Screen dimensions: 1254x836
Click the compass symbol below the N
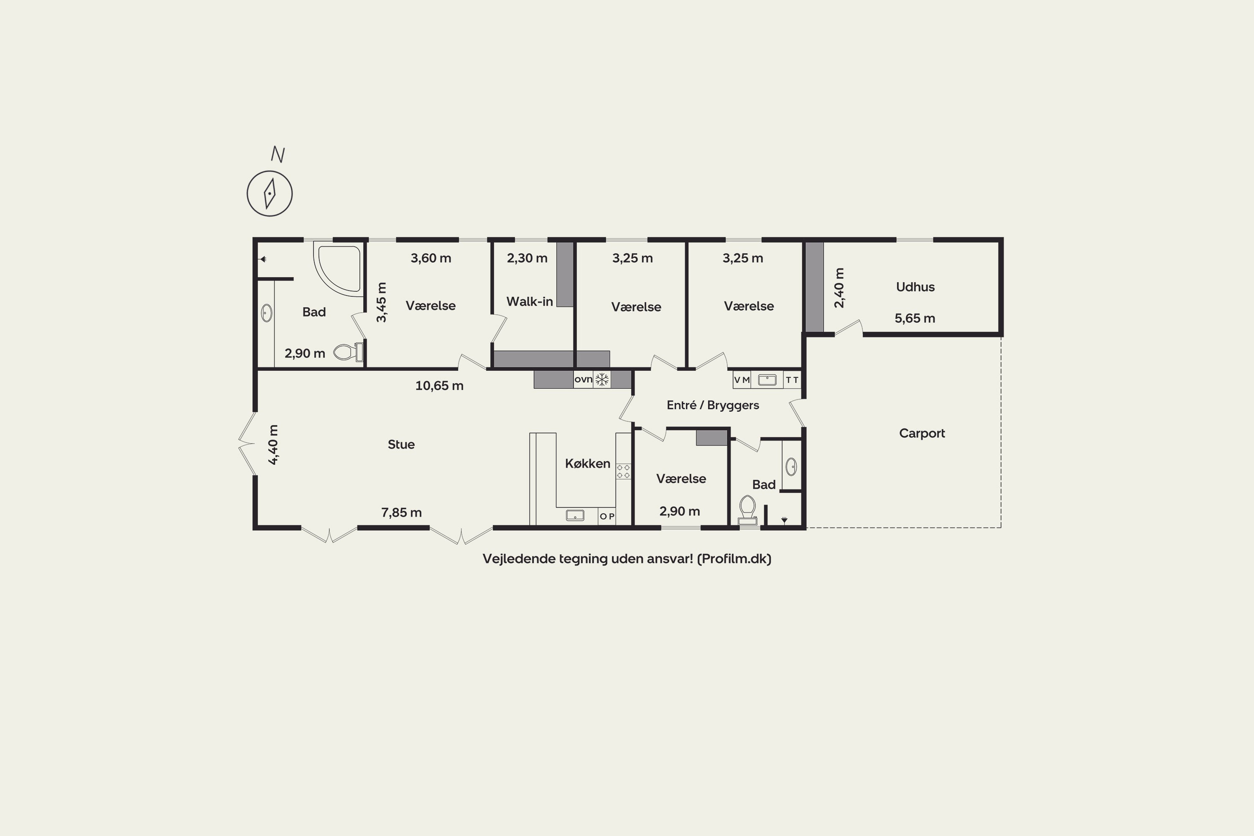point(270,194)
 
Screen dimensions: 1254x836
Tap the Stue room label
point(401,445)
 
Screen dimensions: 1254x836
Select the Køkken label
point(588,463)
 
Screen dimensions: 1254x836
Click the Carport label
point(922,433)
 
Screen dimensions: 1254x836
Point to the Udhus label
point(915,287)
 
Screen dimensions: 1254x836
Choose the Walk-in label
point(530,302)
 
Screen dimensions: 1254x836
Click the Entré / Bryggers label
point(713,405)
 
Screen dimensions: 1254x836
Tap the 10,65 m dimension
point(439,385)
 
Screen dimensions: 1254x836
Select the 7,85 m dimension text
point(401,513)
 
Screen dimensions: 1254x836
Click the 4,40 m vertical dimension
point(273,445)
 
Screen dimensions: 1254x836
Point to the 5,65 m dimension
point(915,318)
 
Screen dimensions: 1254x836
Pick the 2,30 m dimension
point(527,258)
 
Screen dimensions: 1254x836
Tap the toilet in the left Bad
point(349,352)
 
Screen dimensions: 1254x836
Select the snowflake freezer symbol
point(602,380)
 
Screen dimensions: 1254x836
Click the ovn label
point(583,380)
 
